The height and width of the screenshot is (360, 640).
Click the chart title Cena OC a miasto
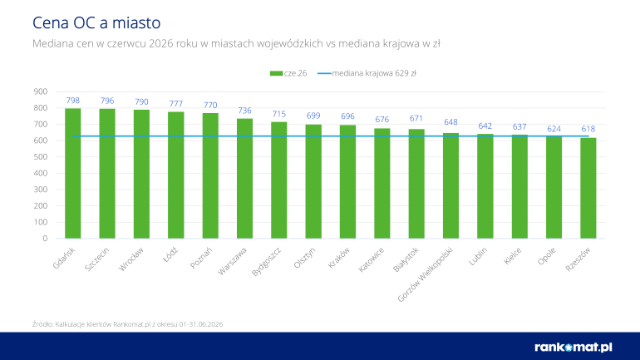click(x=96, y=22)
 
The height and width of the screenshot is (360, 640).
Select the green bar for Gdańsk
click(x=72, y=174)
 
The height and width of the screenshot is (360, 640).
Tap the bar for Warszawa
click(x=245, y=179)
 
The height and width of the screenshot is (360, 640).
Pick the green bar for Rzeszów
click(x=588, y=188)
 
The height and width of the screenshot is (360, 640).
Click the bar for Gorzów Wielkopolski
click(x=451, y=185)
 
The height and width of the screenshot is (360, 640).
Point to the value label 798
click(x=72, y=101)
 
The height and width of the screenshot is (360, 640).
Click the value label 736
click(x=245, y=111)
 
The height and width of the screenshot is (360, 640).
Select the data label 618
click(x=588, y=129)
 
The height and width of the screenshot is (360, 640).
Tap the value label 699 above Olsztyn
click(x=313, y=116)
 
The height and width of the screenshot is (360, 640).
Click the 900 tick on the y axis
click(x=41, y=91)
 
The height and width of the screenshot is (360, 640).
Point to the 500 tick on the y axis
click(x=41, y=157)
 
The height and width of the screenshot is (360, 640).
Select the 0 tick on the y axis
click(x=46, y=239)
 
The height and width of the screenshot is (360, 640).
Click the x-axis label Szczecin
click(x=97, y=259)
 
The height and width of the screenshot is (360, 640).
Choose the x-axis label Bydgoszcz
click(x=267, y=261)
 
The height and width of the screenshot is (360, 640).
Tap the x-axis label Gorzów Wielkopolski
click(x=426, y=274)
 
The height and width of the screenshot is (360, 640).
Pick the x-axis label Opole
click(x=547, y=256)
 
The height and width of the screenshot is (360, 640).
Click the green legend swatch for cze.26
click(x=276, y=73)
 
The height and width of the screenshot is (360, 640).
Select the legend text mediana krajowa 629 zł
click(x=374, y=73)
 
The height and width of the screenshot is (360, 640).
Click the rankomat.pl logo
click(x=574, y=348)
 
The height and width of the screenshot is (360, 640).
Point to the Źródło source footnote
click(x=128, y=324)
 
